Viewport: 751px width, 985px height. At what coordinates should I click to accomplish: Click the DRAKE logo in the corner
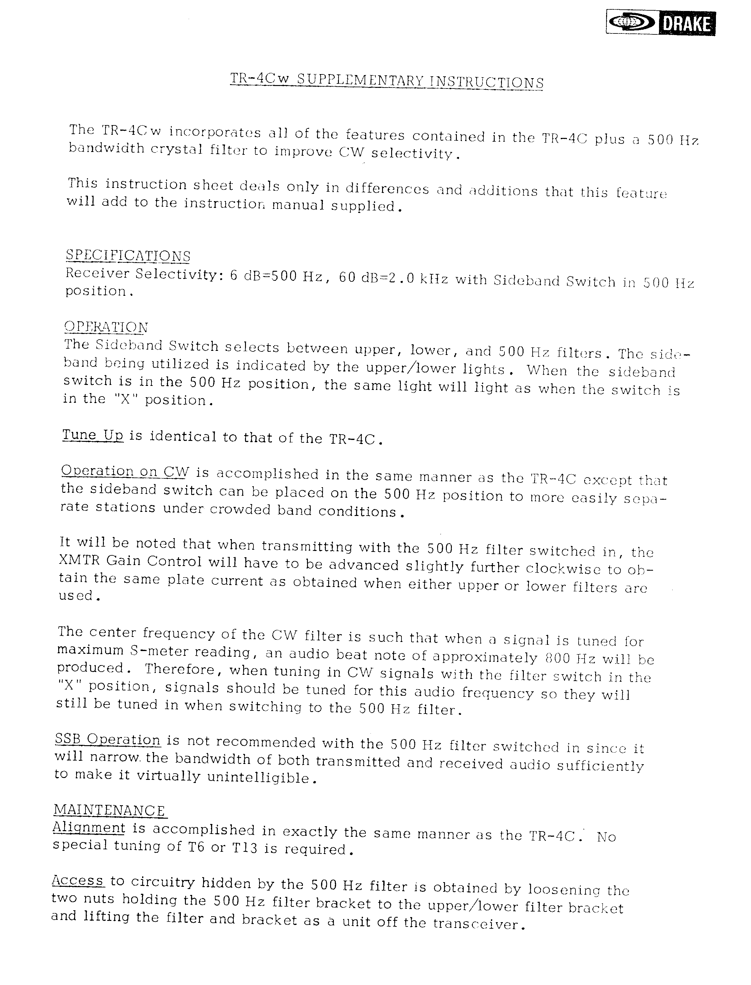click(x=660, y=23)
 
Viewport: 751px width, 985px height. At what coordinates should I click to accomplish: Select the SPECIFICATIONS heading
click(x=128, y=255)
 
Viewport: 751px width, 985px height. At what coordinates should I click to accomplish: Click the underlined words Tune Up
click(x=93, y=435)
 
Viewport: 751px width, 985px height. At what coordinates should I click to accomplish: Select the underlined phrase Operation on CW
click(x=125, y=471)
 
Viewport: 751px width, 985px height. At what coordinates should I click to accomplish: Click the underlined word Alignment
click(x=89, y=827)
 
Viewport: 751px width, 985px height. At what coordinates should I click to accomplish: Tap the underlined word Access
click(x=78, y=880)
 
